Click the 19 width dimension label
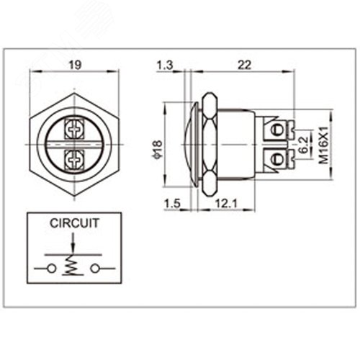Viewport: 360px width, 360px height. [75, 65]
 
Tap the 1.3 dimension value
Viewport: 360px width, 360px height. [165, 65]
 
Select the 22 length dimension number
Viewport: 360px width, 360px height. [244, 65]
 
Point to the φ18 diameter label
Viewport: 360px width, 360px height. [157, 150]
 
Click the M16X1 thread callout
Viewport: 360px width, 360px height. [324, 145]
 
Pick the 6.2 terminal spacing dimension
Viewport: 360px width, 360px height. [304, 145]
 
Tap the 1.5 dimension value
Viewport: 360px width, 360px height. [172, 204]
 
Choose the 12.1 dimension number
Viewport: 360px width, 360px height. [226, 204]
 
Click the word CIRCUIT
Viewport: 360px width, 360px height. [74, 223]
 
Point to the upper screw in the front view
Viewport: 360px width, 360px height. [74, 130]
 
